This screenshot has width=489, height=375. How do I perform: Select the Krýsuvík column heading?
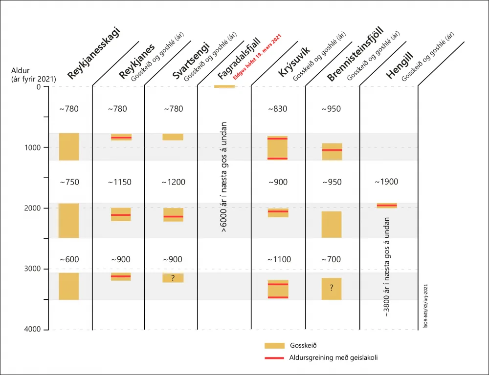click(x=294, y=62)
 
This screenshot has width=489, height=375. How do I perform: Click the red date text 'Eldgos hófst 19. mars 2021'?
click(x=258, y=57)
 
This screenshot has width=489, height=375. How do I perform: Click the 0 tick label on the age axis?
click(x=38, y=86)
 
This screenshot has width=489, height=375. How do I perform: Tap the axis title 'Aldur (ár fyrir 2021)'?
click(x=33, y=75)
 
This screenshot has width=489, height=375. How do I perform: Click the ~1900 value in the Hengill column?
click(x=386, y=182)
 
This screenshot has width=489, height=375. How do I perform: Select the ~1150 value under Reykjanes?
click(x=120, y=182)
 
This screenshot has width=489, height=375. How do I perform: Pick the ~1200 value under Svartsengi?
click(x=174, y=182)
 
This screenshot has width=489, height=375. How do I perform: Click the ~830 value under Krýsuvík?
click(x=278, y=109)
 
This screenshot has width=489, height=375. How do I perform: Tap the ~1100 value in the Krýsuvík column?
click(x=279, y=259)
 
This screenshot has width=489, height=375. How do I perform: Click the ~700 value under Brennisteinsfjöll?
click(x=331, y=259)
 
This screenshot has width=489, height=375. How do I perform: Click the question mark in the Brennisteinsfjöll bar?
click(x=332, y=288)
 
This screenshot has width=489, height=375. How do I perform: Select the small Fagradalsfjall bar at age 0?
click(x=224, y=86)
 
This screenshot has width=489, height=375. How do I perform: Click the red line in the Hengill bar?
click(x=387, y=206)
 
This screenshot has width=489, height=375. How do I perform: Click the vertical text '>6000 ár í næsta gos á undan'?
click(x=224, y=177)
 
